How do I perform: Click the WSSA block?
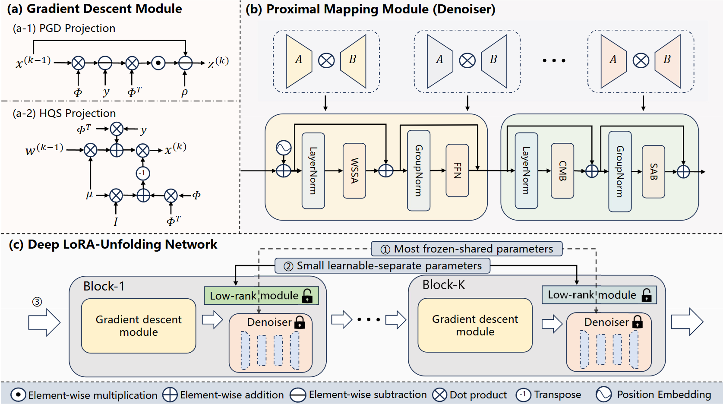[354, 171]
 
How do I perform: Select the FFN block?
[457, 170]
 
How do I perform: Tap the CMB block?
[562, 171]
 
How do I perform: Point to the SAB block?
[653, 172]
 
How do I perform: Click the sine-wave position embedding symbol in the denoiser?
[284, 148]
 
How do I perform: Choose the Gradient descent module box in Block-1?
[139, 326]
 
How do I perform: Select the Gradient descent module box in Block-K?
[475, 325]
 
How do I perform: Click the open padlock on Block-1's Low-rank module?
[307, 296]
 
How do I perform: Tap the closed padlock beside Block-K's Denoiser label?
[637, 322]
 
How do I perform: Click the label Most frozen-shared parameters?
[467, 249]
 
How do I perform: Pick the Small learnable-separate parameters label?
[382, 266]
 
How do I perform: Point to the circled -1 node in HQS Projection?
[143, 174]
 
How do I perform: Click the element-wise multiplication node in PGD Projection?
[158, 63]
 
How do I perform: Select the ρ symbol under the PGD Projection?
[185, 92]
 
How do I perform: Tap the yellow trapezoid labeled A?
[299, 61]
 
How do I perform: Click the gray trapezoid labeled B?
[494, 61]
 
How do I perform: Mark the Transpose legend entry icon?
[523, 395]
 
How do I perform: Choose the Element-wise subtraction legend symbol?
[298, 395]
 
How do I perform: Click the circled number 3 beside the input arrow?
[37, 302]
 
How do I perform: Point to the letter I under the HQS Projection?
[116, 222]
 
